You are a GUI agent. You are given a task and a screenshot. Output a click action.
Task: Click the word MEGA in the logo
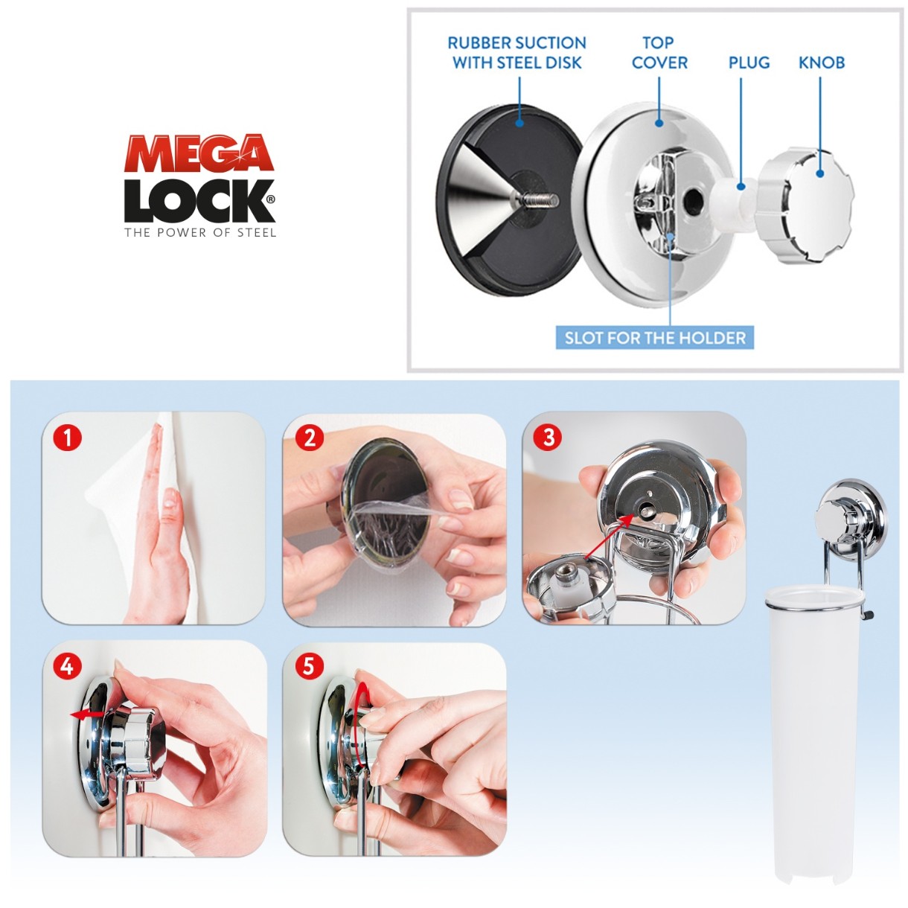coord(199,153)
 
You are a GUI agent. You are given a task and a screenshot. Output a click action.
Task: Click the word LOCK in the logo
coord(199,201)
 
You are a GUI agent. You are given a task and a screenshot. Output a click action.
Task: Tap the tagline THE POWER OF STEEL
coord(200,233)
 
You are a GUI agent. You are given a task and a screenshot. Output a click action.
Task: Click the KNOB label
coord(822,63)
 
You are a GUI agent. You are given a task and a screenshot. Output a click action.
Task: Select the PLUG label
coord(749,63)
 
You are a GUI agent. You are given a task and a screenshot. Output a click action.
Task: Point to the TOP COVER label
coord(659,53)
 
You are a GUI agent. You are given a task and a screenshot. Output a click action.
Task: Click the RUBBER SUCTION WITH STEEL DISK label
coord(517,53)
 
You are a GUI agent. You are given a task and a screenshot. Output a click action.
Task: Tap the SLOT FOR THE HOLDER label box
coord(655,338)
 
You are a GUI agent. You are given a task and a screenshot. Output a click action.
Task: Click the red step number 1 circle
coord(68,438)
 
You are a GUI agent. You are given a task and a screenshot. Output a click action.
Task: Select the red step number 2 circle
coord(310,438)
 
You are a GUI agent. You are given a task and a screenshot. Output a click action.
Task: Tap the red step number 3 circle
coord(549,438)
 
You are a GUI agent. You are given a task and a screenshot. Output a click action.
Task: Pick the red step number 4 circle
coord(68,667)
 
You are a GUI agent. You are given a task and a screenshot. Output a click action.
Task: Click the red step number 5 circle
coord(308,667)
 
